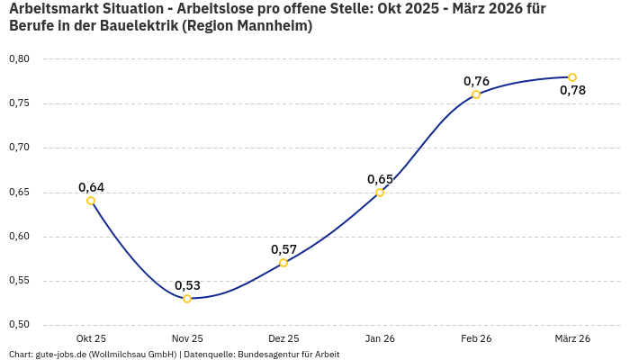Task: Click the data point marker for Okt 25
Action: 91,201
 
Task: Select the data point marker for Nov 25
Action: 187,299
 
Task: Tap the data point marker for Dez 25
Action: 283,263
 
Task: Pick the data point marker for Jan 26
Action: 380,192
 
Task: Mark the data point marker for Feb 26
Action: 476,94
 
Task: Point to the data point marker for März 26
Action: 572,77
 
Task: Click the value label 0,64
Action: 91,187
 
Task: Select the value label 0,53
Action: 187,285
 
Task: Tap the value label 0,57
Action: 283,249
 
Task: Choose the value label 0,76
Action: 476,81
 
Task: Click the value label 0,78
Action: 572,90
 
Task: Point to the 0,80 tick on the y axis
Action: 19,59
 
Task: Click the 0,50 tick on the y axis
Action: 19,325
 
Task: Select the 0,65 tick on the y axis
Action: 19,193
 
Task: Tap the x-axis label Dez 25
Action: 283,338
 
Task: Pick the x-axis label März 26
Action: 572,338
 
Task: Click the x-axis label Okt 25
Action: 91,338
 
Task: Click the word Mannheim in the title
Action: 269,26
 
